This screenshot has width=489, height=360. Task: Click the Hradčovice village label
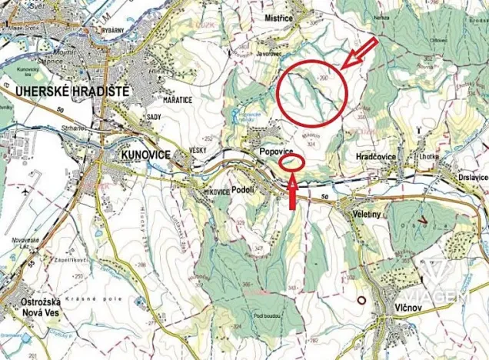pyautogui.click(x=376, y=156)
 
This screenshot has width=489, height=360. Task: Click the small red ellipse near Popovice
pyautogui.click(x=292, y=162)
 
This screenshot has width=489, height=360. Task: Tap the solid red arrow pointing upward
pyautogui.click(x=292, y=192)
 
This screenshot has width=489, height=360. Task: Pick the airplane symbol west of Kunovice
pyautogui.click(x=28, y=189)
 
